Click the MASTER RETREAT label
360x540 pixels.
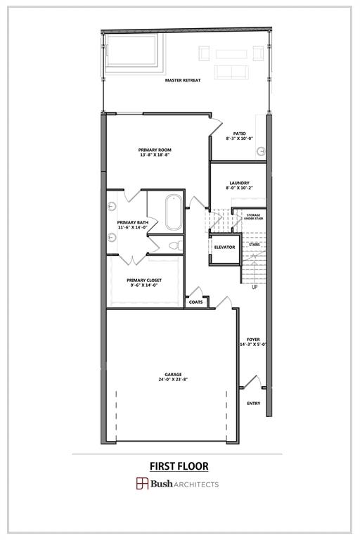(183, 80)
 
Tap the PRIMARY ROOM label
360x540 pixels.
(155, 150)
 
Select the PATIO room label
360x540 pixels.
(239, 133)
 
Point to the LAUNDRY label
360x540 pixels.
(239, 184)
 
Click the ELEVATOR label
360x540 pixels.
(225, 247)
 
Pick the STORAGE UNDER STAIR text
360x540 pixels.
(253, 217)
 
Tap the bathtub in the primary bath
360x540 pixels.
(173, 212)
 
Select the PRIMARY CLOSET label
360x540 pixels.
(145, 280)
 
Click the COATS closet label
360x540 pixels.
(196, 302)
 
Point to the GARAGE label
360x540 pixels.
(173, 374)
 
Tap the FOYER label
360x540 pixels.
(253, 340)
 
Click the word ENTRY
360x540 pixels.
(254, 403)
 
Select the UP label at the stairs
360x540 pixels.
(255, 287)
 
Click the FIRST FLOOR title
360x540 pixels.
(179, 465)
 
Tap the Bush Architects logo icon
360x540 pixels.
(142, 484)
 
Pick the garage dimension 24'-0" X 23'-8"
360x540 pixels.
(173, 380)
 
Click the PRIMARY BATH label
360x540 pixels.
(132, 222)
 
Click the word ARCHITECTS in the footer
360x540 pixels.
(198, 484)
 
